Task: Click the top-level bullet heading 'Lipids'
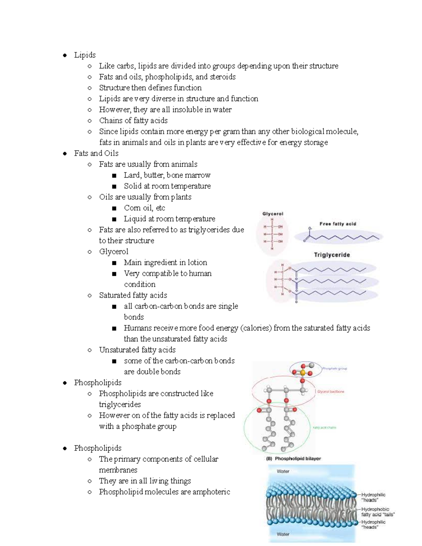pos(85,55)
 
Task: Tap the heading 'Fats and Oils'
pos(96,153)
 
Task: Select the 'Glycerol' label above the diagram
pos(273,214)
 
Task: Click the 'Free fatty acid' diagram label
pos(338,224)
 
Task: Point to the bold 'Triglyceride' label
pos(332,255)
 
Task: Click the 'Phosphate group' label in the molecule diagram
pos(334,368)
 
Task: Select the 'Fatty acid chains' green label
pos(324,428)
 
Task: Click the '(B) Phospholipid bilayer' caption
pos(293,458)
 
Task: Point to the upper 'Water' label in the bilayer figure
pos(283,471)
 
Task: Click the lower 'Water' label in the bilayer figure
pos(283,534)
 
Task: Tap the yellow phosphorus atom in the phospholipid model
pos(302,372)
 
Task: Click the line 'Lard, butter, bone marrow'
pos(167,175)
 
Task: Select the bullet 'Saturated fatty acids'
pos(133,295)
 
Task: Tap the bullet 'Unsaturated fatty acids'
pos(137,350)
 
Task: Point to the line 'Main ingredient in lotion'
pos(165,263)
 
